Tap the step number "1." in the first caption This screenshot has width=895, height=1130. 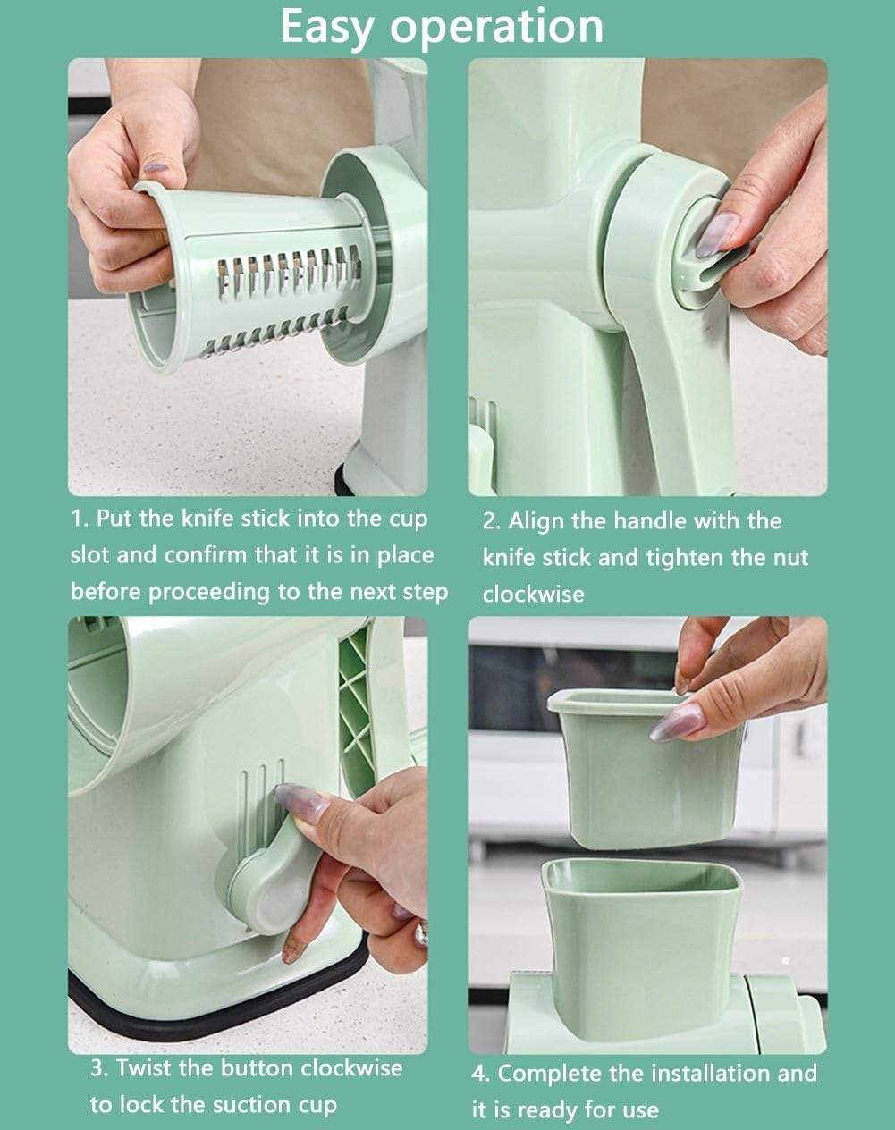(x=80, y=519)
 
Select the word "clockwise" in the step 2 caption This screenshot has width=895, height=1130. (x=533, y=595)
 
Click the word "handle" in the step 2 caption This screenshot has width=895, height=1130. (x=641, y=520)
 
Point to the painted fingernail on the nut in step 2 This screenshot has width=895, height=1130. (x=716, y=233)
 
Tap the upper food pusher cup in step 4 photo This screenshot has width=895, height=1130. (x=644, y=769)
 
